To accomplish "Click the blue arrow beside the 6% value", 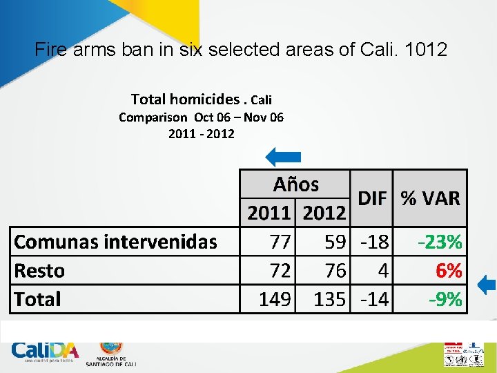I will coord(487,284).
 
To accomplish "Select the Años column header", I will coord(295,184).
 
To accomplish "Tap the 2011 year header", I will coord(269,213).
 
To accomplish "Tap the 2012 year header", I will coord(324,213).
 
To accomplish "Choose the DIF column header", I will coord(371,199).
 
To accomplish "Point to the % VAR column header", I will coord(430,199).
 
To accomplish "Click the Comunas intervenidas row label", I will coord(115,242).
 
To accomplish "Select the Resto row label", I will coord(39,271).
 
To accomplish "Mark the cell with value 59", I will coord(335,242).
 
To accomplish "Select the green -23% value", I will coord(440,242).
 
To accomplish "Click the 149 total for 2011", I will coord(275,300).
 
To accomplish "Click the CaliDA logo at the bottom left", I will coord(45,352).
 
